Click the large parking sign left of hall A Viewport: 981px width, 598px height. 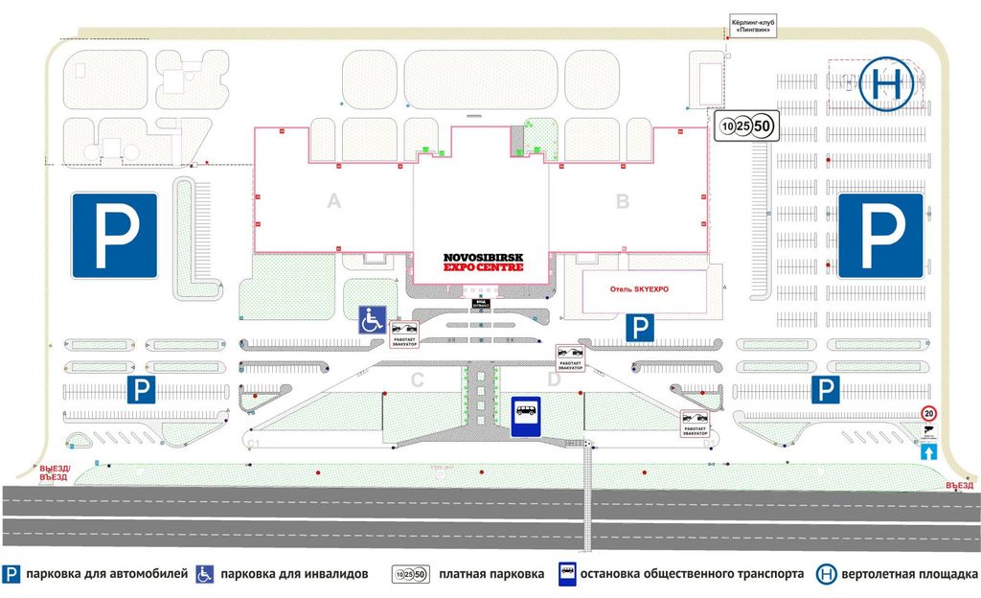click(x=115, y=235)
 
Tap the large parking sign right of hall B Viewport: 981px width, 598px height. click(x=880, y=236)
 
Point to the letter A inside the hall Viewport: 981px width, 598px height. click(x=333, y=201)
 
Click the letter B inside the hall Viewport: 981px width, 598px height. click(x=622, y=201)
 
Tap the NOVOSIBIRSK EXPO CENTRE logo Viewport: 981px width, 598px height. click(x=483, y=263)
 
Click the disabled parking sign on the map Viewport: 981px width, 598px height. click(x=372, y=319)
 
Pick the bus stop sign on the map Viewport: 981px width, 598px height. click(x=526, y=417)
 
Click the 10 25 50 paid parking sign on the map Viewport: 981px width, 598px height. click(x=746, y=126)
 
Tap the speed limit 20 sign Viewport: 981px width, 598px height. click(x=928, y=414)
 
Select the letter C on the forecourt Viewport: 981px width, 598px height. click(x=417, y=380)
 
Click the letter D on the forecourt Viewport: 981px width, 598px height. click(x=553, y=380)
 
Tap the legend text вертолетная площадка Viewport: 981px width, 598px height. click(x=910, y=575)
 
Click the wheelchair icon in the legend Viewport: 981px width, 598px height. click(x=204, y=575)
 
